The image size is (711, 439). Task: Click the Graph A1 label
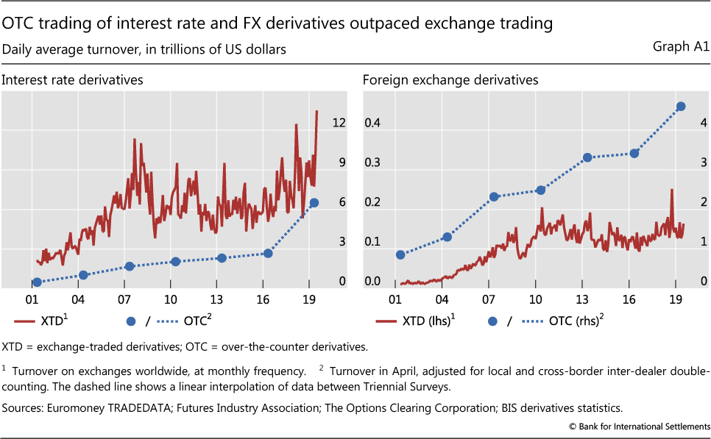680,48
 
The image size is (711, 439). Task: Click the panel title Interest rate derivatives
72,79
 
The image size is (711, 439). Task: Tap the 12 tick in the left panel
339,123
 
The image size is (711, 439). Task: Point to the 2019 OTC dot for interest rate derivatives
314,203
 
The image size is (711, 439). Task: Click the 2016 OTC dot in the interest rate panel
268,253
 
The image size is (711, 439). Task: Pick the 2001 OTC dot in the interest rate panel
37,282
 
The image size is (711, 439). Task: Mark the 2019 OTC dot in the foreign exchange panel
681,107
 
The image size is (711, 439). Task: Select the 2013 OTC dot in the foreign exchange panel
587,157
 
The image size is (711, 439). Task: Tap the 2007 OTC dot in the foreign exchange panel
494,197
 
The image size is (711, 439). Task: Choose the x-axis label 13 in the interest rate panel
217,300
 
